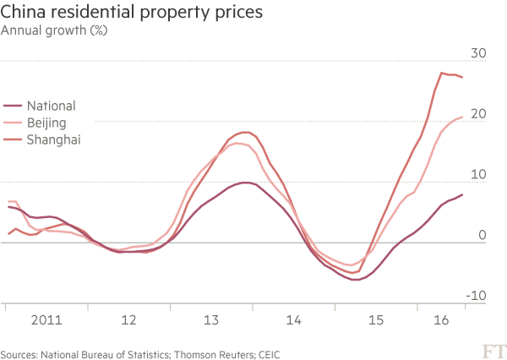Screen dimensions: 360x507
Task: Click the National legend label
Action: pos(52,106)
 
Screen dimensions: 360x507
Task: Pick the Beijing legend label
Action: pos(47,123)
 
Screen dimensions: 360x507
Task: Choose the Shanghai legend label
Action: pos(53,139)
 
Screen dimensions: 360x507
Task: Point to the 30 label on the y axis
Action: pos(477,53)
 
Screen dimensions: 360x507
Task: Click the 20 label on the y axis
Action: pos(477,114)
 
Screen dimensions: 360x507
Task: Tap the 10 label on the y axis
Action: pos(477,175)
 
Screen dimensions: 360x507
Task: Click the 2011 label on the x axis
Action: pos(44,321)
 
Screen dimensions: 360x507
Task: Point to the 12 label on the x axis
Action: pos(128,321)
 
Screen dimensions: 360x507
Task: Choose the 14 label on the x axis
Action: pos(293,321)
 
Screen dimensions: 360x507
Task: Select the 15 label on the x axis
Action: pos(376,321)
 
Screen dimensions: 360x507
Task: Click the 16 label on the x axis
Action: pos(440,321)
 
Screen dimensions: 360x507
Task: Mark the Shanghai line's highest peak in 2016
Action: pos(441,74)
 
